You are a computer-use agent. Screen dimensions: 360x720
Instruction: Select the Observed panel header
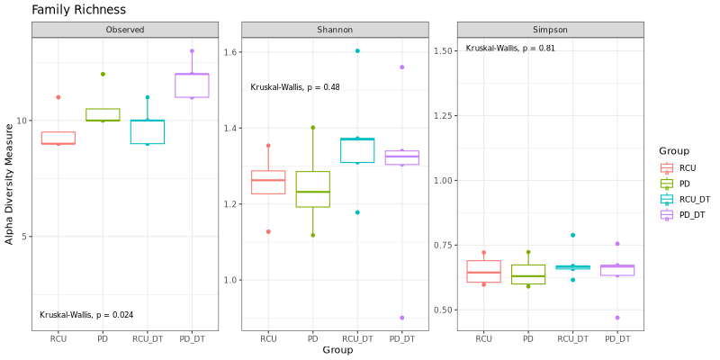[125, 30]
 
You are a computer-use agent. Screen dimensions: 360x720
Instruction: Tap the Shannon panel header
[335, 30]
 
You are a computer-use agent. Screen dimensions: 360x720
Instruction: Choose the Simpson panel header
[550, 30]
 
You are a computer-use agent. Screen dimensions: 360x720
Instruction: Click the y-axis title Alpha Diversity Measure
[10, 184]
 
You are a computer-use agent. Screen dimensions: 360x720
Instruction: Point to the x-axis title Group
[337, 349]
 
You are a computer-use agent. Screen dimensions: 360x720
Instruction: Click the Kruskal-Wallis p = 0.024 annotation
[86, 315]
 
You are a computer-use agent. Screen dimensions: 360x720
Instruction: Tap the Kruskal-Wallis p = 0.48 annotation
[295, 87]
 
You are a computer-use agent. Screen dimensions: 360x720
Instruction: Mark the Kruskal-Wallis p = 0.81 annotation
[510, 48]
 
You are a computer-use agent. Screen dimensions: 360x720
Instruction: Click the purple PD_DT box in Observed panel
[192, 85]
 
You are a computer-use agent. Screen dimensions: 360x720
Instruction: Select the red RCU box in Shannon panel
[268, 182]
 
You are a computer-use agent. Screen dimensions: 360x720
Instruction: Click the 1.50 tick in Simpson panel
[445, 51]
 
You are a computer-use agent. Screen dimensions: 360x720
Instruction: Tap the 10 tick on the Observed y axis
[23, 121]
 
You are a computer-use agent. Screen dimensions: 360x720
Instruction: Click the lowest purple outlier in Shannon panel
[401, 318]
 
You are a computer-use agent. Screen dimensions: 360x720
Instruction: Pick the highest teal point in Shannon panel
[357, 51]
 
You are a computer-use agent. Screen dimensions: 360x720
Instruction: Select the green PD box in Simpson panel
[528, 274]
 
